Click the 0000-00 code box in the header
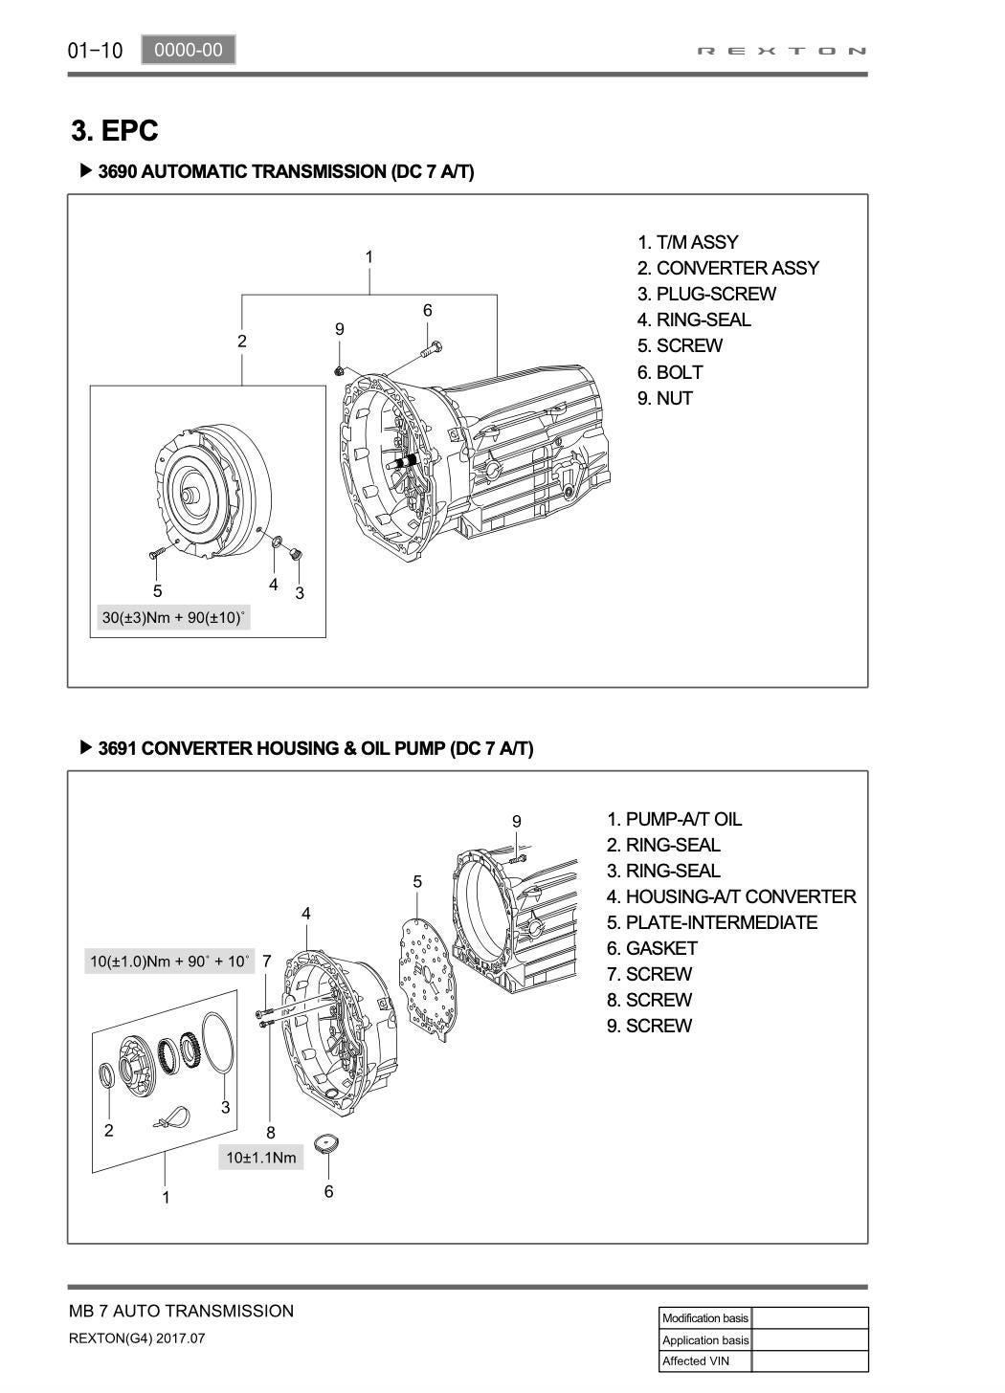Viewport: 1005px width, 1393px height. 188,50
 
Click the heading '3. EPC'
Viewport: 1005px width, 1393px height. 115,130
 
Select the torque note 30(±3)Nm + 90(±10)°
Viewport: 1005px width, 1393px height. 173,617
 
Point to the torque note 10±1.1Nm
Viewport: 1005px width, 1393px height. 260,1158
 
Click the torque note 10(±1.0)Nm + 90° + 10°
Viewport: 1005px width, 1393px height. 169,961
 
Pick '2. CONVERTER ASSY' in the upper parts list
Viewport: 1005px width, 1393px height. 728,268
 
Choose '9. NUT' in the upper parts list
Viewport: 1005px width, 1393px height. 665,398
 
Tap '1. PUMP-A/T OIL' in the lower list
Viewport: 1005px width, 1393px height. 674,819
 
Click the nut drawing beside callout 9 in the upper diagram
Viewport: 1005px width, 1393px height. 339,370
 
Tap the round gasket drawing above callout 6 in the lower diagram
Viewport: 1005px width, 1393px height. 328,1143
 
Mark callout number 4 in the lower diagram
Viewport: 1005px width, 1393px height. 306,914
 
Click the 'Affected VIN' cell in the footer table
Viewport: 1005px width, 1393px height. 704,1360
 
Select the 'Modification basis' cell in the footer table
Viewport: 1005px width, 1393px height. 704,1318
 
